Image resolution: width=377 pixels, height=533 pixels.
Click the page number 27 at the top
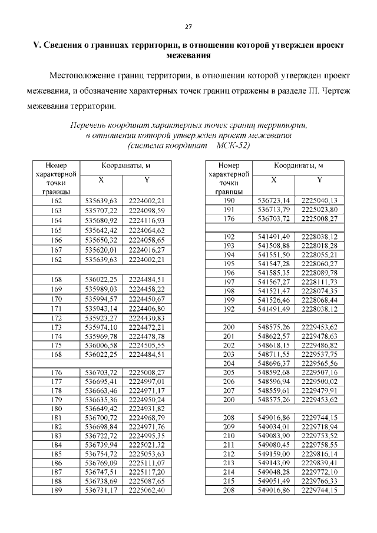(188, 27)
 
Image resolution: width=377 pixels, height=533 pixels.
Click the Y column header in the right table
(319, 179)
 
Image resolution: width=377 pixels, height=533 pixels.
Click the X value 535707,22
(101, 210)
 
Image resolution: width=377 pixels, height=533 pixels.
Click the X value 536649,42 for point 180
(101, 408)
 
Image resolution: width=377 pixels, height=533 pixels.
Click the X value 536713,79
(274, 210)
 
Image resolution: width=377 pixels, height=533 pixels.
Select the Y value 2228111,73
(319, 282)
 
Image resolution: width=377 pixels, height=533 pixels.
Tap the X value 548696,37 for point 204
(274, 363)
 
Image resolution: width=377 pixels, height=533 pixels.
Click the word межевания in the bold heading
(188, 55)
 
